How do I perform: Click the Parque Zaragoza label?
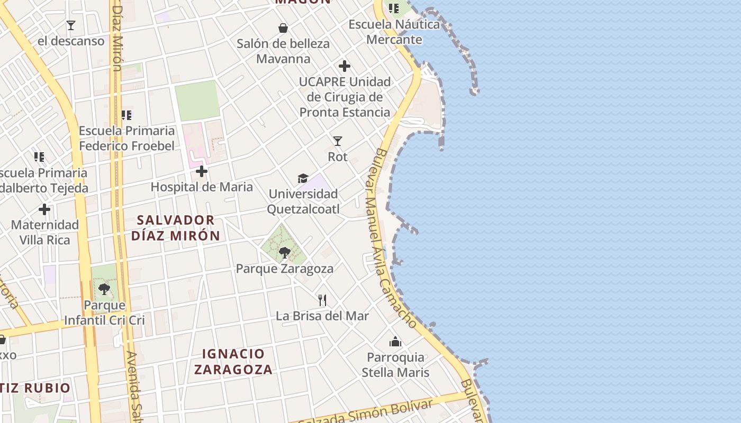point(285,269)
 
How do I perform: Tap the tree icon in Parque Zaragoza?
point(285,252)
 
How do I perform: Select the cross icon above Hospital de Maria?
point(202,171)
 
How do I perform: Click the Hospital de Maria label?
point(202,187)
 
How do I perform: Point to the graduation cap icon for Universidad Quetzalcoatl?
point(303,178)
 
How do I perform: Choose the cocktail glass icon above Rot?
point(338,141)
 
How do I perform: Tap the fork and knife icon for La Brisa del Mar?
point(322,300)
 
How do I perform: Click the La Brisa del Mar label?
point(322,316)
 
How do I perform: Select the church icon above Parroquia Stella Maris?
point(395,342)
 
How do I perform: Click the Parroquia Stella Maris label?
point(395,365)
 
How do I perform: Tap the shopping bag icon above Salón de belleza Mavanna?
point(283,28)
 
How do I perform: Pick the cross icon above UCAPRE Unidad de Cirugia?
point(345,66)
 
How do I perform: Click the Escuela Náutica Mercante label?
point(394,32)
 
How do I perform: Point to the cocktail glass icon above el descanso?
point(70,25)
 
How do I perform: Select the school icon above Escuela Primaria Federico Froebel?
point(126,115)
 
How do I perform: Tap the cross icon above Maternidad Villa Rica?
point(44,210)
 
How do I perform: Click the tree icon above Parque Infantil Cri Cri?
point(104,289)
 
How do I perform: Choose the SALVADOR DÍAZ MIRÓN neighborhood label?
point(176,228)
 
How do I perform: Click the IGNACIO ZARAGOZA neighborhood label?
point(233,362)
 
